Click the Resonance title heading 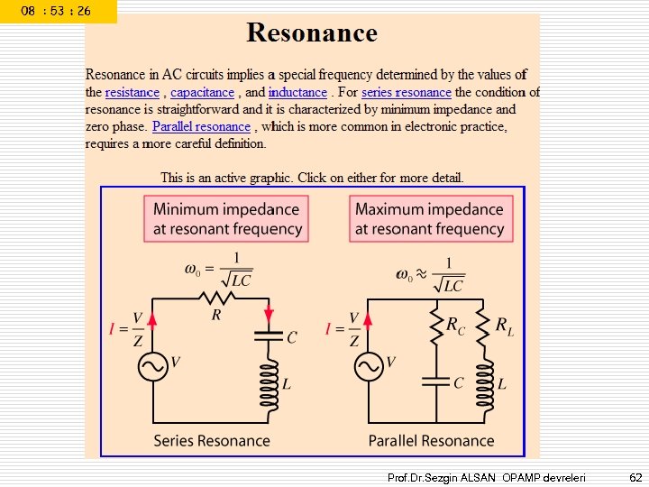312,33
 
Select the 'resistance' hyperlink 132,92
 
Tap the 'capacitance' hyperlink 202,92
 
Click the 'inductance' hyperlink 297,92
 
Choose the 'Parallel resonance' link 201,126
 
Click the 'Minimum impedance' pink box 227,219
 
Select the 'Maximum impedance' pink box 429,219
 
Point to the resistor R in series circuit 216,299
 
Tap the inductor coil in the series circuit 269,383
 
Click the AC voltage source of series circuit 152,366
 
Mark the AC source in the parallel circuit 369,366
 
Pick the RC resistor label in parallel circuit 456,326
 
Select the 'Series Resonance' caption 212,441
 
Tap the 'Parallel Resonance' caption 431,441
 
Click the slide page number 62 635,476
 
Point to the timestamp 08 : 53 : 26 56,11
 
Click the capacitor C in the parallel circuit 437,382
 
